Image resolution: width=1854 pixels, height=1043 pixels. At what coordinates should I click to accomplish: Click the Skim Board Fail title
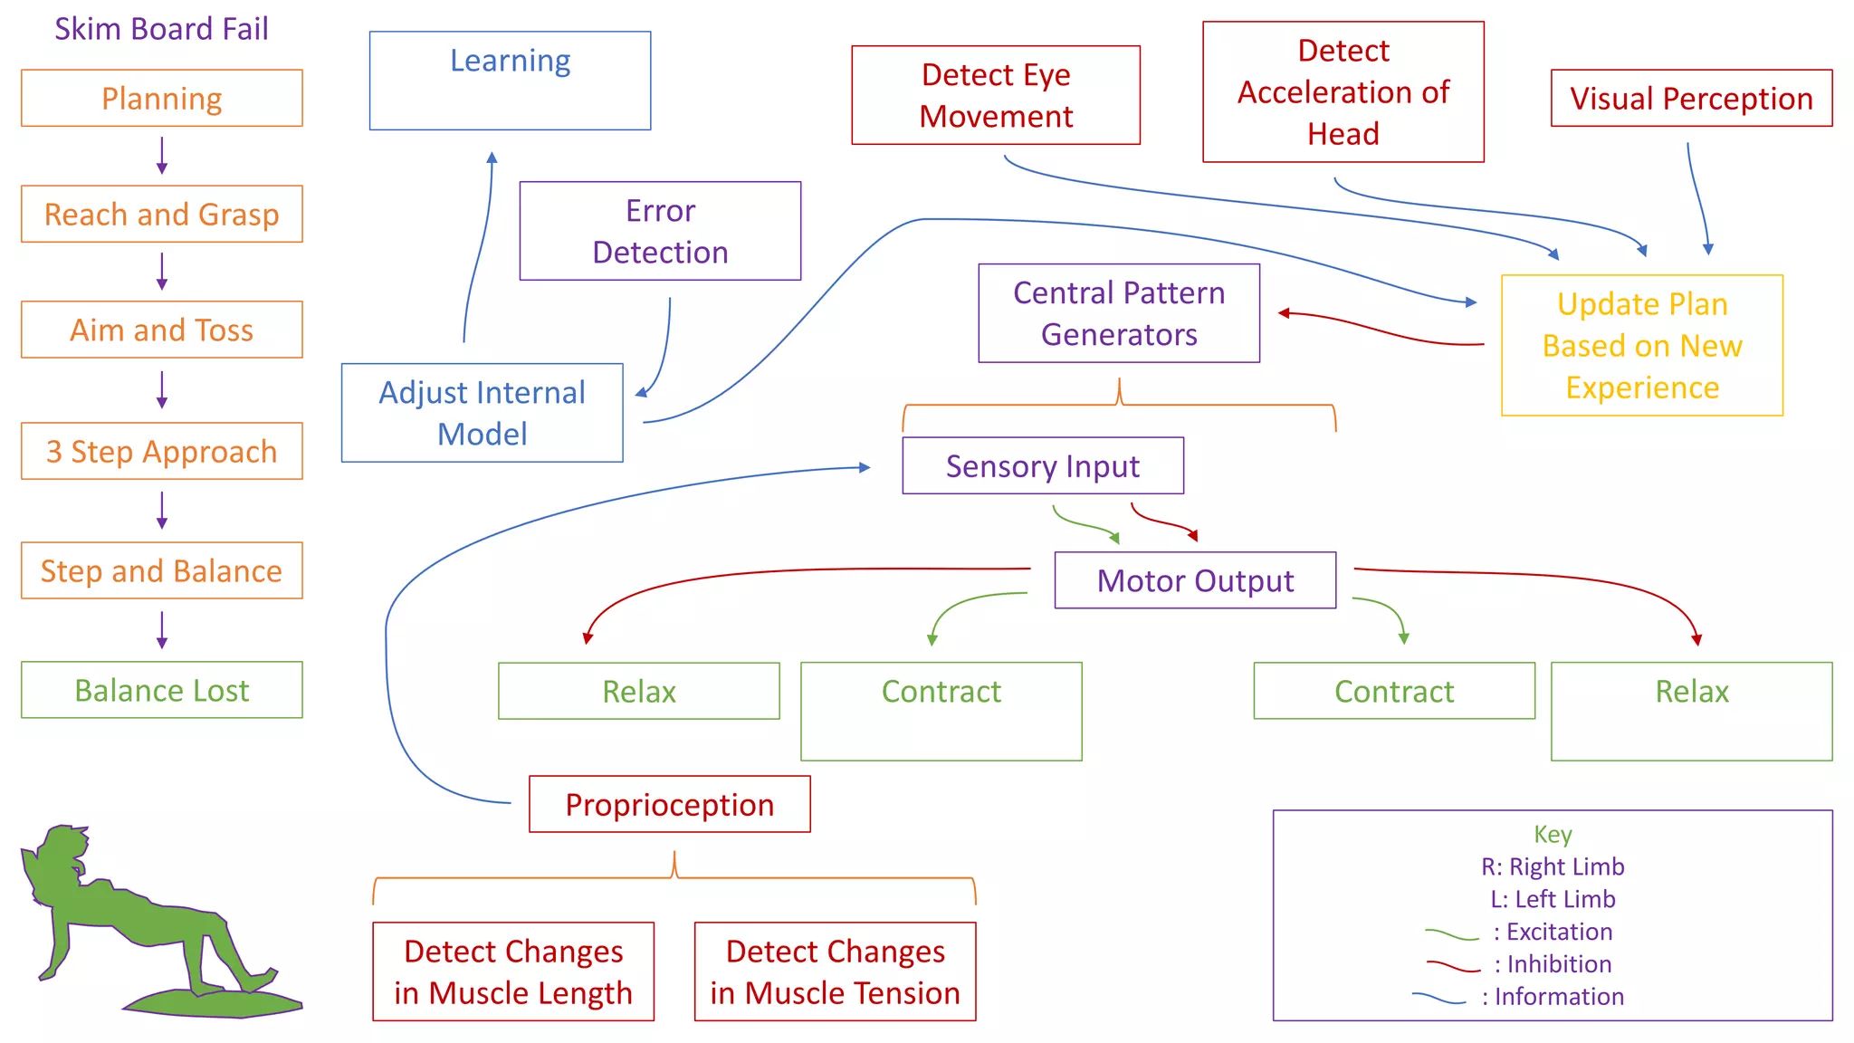coord(161,29)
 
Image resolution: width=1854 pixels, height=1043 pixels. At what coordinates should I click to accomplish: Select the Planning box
coord(161,98)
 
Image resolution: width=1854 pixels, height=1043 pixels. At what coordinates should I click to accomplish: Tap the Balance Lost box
coord(161,690)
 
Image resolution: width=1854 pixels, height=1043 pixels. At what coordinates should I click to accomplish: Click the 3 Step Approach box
coord(161,451)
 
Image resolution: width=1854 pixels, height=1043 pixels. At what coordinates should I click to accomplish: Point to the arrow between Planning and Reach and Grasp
coord(162,155)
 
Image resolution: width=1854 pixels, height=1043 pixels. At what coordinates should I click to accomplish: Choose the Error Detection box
coord(660,231)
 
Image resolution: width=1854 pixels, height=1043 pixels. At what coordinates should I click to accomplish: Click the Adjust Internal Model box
coord(482,413)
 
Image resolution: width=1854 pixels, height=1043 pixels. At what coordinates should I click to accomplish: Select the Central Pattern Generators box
coord(1118,313)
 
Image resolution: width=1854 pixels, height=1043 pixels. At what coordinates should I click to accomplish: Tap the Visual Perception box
coord(1690,98)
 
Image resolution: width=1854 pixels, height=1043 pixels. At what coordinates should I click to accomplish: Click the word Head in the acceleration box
coord(1343,134)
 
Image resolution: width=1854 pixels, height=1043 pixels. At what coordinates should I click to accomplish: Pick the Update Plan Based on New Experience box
coord(1641,345)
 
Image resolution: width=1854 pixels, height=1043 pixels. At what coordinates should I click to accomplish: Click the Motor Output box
coord(1194,580)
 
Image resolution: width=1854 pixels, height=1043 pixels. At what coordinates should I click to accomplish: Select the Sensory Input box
coord(1042,465)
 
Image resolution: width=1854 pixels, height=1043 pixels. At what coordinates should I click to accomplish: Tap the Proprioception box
coord(669,804)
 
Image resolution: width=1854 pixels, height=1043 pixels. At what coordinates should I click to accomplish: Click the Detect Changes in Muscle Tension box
coord(835,971)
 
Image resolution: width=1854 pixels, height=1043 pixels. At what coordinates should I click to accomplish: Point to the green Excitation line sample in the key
coord(1451,934)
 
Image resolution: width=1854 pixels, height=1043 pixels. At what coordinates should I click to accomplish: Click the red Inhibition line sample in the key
coord(1453,967)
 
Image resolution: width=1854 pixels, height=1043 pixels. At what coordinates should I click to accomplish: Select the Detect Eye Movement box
coord(995,95)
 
